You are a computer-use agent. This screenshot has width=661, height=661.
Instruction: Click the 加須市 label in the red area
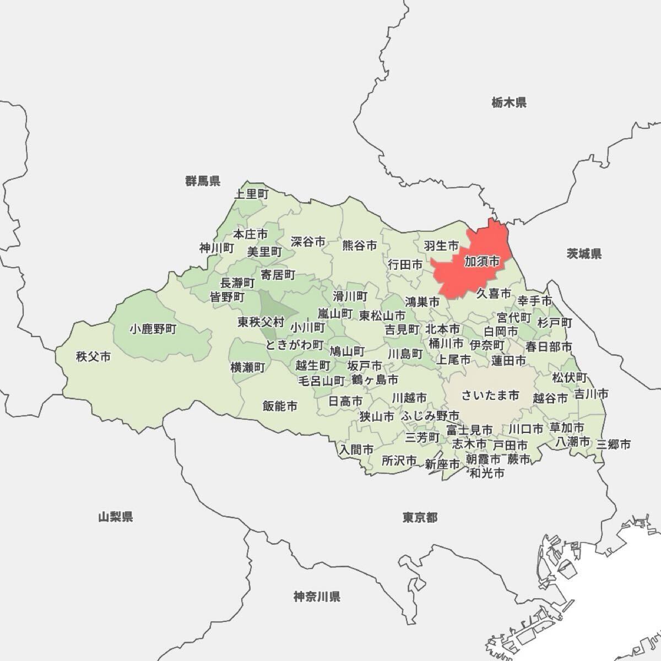pyautogui.click(x=482, y=261)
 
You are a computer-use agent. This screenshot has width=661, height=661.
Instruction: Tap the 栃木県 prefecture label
pyautogui.click(x=509, y=102)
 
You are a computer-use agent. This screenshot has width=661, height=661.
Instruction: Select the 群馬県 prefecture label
pyautogui.click(x=203, y=181)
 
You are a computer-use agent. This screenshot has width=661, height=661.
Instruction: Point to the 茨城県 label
pyautogui.click(x=584, y=253)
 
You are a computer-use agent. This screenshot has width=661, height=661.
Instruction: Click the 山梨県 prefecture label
pyautogui.click(x=116, y=517)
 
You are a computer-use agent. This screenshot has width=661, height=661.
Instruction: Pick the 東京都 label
pyautogui.click(x=420, y=517)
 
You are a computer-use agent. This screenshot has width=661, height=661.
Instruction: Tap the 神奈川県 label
pyautogui.click(x=317, y=597)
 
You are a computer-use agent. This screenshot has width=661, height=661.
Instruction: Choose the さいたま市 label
pyautogui.click(x=490, y=395)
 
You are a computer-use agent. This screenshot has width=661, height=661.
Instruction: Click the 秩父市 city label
pyautogui.click(x=94, y=356)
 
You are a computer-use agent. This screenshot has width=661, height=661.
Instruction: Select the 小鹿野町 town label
pyautogui.click(x=154, y=329)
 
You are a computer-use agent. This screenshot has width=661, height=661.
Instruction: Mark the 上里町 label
pyautogui.click(x=251, y=194)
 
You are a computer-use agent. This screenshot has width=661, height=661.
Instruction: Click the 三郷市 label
pyautogui.click(x=613, y=444)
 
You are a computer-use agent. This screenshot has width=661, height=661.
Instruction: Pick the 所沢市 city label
pyautogui.click(x=399, y=460)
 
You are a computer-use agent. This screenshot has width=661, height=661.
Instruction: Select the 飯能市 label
pyautogui.click(x=280, y=406)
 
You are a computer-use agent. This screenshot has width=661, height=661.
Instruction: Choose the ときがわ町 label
pyautogui.click(x=295, y=345)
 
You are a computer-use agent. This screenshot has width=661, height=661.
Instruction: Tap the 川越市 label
pyautogui.click(x=409, y=397)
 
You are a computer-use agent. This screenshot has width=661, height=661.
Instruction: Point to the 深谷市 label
pyautogui.click(x=308, y=241)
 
